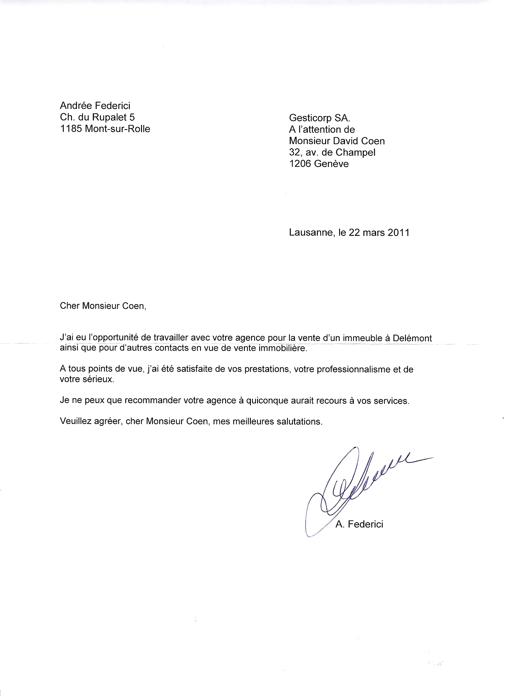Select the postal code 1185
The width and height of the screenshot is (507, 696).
(x=71, y=129)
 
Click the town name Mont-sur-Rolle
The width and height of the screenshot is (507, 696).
(x=118, y=129)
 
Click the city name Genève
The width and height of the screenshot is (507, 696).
(x=331, y=164)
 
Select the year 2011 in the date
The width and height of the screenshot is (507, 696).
(x=398, y=233)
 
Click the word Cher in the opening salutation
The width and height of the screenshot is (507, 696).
(x=70, y=306)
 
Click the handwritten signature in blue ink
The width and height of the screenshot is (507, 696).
(x=353, y=488)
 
